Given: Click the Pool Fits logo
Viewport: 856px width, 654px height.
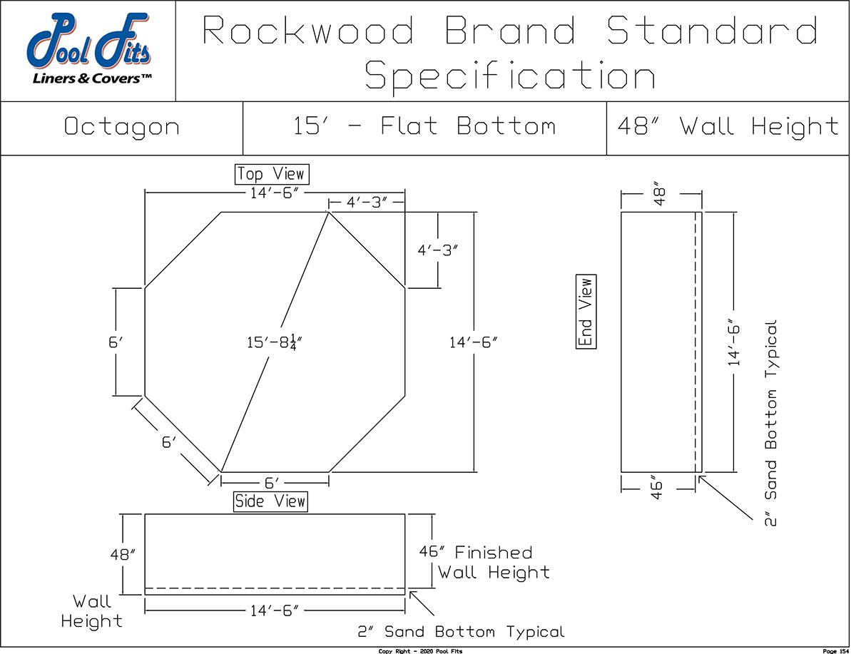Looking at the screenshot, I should [88, 51].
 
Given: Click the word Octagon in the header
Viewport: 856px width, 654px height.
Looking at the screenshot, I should [122, 128].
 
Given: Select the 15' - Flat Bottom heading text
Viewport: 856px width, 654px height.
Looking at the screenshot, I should [424, 128].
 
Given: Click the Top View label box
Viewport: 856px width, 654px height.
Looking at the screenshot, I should [270, 174].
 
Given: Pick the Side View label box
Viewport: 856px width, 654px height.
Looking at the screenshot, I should [270, 501].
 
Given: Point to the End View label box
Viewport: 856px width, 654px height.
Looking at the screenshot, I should [586, 312].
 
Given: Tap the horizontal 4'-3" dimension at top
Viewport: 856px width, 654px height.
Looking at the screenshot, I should [367, 203].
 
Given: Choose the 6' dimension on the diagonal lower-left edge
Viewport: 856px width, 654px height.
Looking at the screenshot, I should [168, 442].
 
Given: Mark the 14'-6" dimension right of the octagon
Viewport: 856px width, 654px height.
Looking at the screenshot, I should [473, 343].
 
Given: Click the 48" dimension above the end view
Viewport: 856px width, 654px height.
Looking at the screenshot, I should [659, 193].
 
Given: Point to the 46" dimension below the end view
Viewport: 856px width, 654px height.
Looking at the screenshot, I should [658, 489].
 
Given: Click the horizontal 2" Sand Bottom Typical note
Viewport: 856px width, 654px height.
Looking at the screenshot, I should [461, 632].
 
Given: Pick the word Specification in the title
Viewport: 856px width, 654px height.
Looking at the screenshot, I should [510, 76].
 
